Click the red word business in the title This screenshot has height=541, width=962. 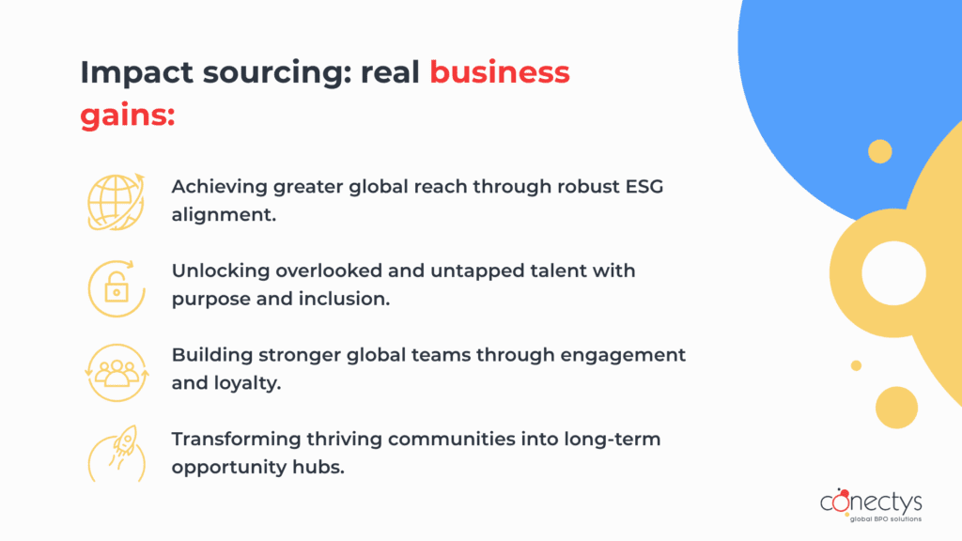[x=500, y=71]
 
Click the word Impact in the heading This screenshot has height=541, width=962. [x=137, y=73]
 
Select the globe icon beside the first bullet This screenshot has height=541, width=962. [x=116, y=202]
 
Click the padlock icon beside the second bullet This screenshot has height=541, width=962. [x=116, y=288]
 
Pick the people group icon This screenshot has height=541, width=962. [x=116, y=373]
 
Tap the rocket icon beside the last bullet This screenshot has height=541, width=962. [x=116, y=454]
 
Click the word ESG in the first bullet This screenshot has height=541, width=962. [x=644, y=187]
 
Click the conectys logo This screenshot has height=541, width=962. [x=871, y=505]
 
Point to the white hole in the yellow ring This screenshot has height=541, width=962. [x=893, y=273]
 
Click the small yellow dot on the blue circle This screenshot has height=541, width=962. [x=879, y=151]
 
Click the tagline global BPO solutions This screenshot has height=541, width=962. [x=885, y=518]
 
